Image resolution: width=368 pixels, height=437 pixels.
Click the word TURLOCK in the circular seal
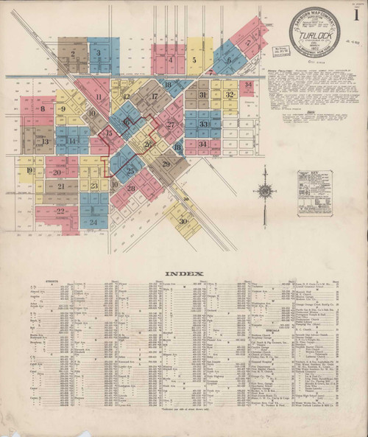click(x=314, y=32)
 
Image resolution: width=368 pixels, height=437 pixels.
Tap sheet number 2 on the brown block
click(x=73, y=54)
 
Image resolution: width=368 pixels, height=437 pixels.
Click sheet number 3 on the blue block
click(x=98, y=53)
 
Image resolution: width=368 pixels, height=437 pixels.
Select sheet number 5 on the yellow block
click(x=194, y=60)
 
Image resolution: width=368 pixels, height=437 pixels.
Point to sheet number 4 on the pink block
click(x=171, y=60)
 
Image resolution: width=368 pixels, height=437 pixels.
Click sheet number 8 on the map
click(x=43, y=110)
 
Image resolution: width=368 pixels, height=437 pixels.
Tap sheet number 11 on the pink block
click(x=98, y=97)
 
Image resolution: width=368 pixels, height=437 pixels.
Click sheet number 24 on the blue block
click(x=93, y=221)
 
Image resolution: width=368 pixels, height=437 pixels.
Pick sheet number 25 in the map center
click(x=130, y=171)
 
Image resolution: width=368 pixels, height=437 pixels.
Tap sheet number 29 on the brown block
click(x=166, y=163)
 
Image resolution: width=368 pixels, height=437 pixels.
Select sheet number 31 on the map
click(x=202, y=95)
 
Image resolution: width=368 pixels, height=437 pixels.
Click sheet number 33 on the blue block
click(x=203, y=124)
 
